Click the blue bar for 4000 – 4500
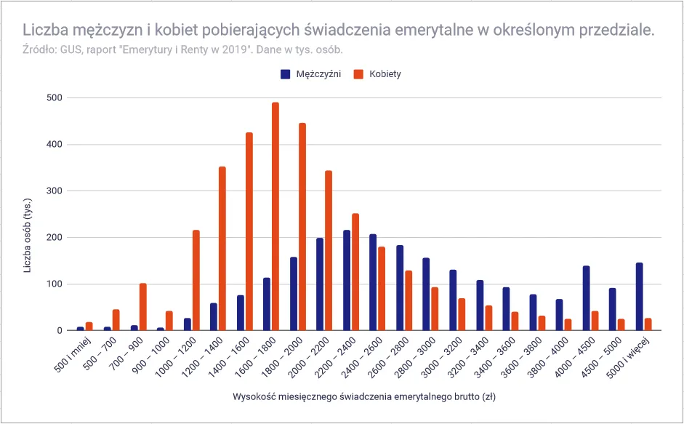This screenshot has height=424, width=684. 586,298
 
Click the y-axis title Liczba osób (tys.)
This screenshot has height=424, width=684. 28,234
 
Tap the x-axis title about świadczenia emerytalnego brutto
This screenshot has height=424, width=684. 364,397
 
